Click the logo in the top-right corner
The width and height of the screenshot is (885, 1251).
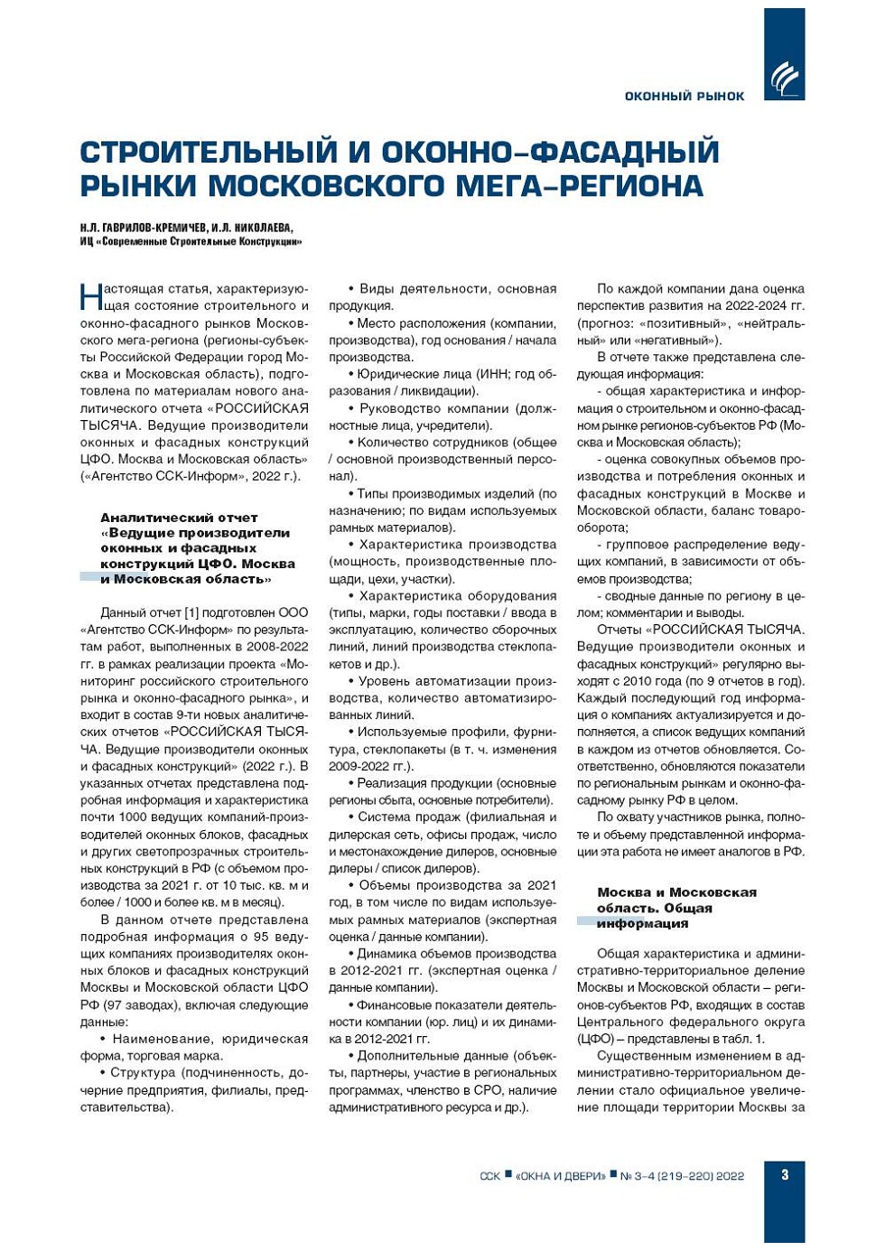tap(783, 79)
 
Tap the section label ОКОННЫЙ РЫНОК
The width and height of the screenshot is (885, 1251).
tap(684, 96)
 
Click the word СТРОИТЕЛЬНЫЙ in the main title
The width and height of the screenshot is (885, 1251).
tap(207, 152)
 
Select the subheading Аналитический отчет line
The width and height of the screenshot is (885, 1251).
tap(179, 518)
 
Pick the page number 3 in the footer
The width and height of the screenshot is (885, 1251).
tap(784, 1174)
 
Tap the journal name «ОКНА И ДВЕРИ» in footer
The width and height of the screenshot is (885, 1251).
tap(560, 1176)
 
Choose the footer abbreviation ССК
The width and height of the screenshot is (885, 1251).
tap(489, 1176)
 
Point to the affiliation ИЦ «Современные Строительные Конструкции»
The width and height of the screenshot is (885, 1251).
tap(191, 241)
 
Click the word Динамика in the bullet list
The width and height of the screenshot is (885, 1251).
tap(392, 954)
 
